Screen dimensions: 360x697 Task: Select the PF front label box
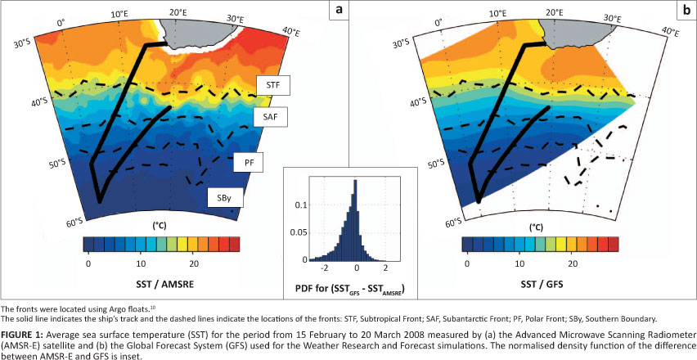point(249,164)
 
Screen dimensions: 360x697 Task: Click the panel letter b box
point(683,11)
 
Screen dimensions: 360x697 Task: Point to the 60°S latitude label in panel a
point(74,222)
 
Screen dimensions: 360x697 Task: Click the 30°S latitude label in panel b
point(401,41)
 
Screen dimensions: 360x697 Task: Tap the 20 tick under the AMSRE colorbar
point(194,265)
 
